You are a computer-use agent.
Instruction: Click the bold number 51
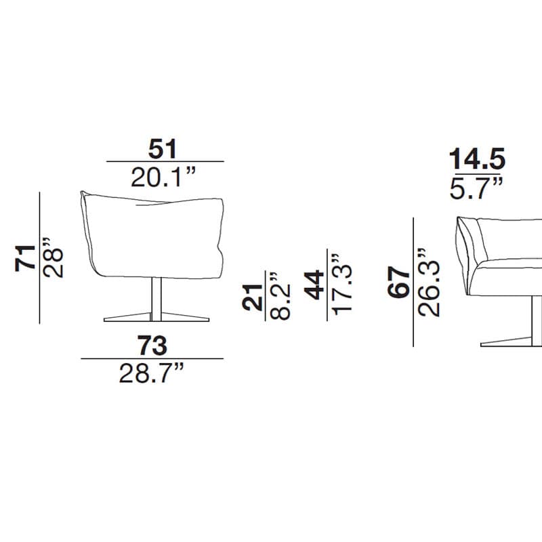click(163, 149)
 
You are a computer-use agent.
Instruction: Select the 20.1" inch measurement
click(163, 178)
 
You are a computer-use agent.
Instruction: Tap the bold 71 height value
click(25, 258)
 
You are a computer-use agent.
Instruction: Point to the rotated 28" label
click(53, 258)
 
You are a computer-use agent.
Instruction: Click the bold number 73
click(152, 346)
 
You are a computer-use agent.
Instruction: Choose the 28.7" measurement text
click(151, 373)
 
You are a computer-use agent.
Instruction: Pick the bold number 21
click(252, 297)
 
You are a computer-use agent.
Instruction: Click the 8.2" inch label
click(279, 296)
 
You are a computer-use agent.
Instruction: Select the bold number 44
click(314, 285)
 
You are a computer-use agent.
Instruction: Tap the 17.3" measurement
click(341, 285)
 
